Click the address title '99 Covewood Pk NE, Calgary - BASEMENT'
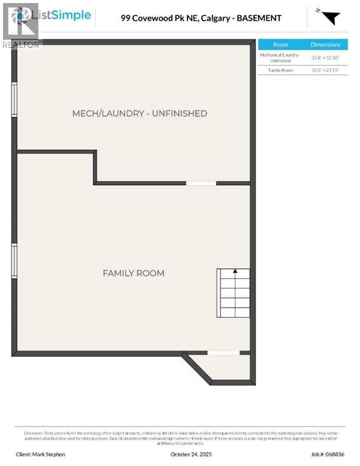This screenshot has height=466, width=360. pyautogui.click(x=201, y=18)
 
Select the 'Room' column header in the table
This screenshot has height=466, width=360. pyautogui.click(x=280, y=45)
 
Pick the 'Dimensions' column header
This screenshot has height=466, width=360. pyautogui.click(x=325, y=45)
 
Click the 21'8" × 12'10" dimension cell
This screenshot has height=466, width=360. pyautogui.click(x=325, y=58)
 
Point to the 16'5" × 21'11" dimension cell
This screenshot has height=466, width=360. pyautogui.click(x=325, y=71)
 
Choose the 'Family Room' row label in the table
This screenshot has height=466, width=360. pyautogui.click(x=280, y=71)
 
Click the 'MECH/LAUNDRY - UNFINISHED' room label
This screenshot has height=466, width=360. pyautogui.click(x=140, y=113)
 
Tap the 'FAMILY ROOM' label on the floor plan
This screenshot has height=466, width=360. pyautogui.click(x=134, y=273)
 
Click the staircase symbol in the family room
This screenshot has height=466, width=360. pyautogui.click(x=234, y=294)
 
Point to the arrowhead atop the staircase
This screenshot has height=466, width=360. pyautogui.click(x=234, y=271)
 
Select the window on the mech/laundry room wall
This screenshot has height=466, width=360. pyautogui.click(x=14, y=98)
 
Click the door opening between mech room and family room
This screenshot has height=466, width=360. pyautogui.click(x=201, y=183)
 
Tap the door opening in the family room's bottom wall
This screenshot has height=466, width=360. pyautogui.click(x=223, y=353)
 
